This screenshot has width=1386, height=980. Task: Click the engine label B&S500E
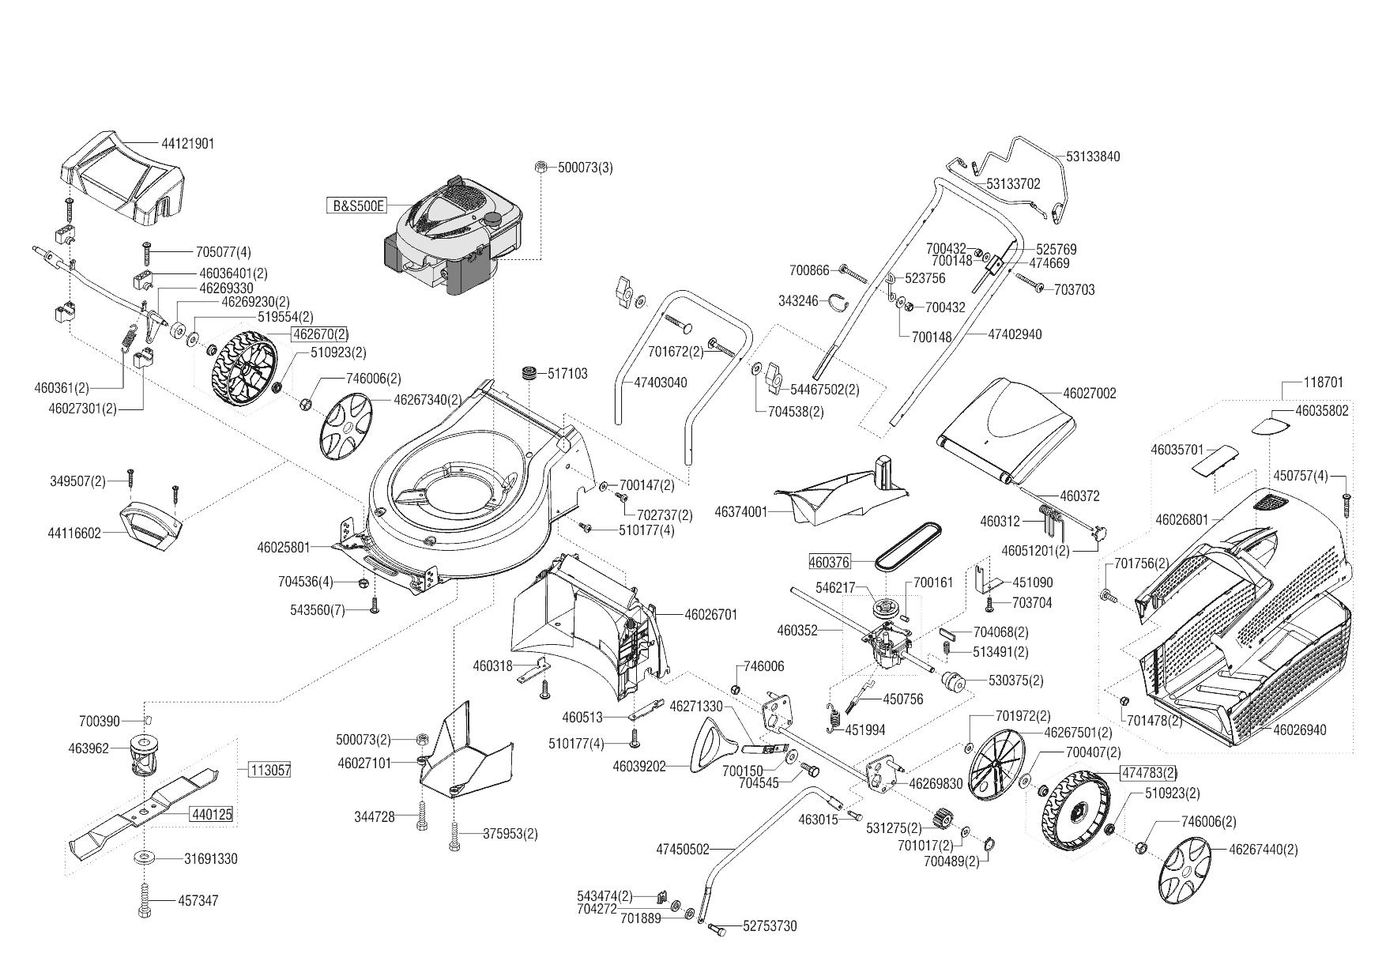click(357, 206)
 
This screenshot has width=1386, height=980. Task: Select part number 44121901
click(187, 144)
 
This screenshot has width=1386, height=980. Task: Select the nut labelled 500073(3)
click(540, 167)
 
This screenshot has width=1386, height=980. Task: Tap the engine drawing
click(454, 237)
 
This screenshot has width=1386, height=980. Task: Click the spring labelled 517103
click(528, 372)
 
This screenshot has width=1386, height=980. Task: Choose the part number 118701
click(1323, 383)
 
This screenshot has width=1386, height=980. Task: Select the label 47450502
click(683, 850)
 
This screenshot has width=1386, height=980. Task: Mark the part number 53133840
click(1093, 156)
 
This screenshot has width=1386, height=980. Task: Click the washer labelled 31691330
click(145, 857)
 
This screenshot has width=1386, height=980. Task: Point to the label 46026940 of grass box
click(1300, 729)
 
